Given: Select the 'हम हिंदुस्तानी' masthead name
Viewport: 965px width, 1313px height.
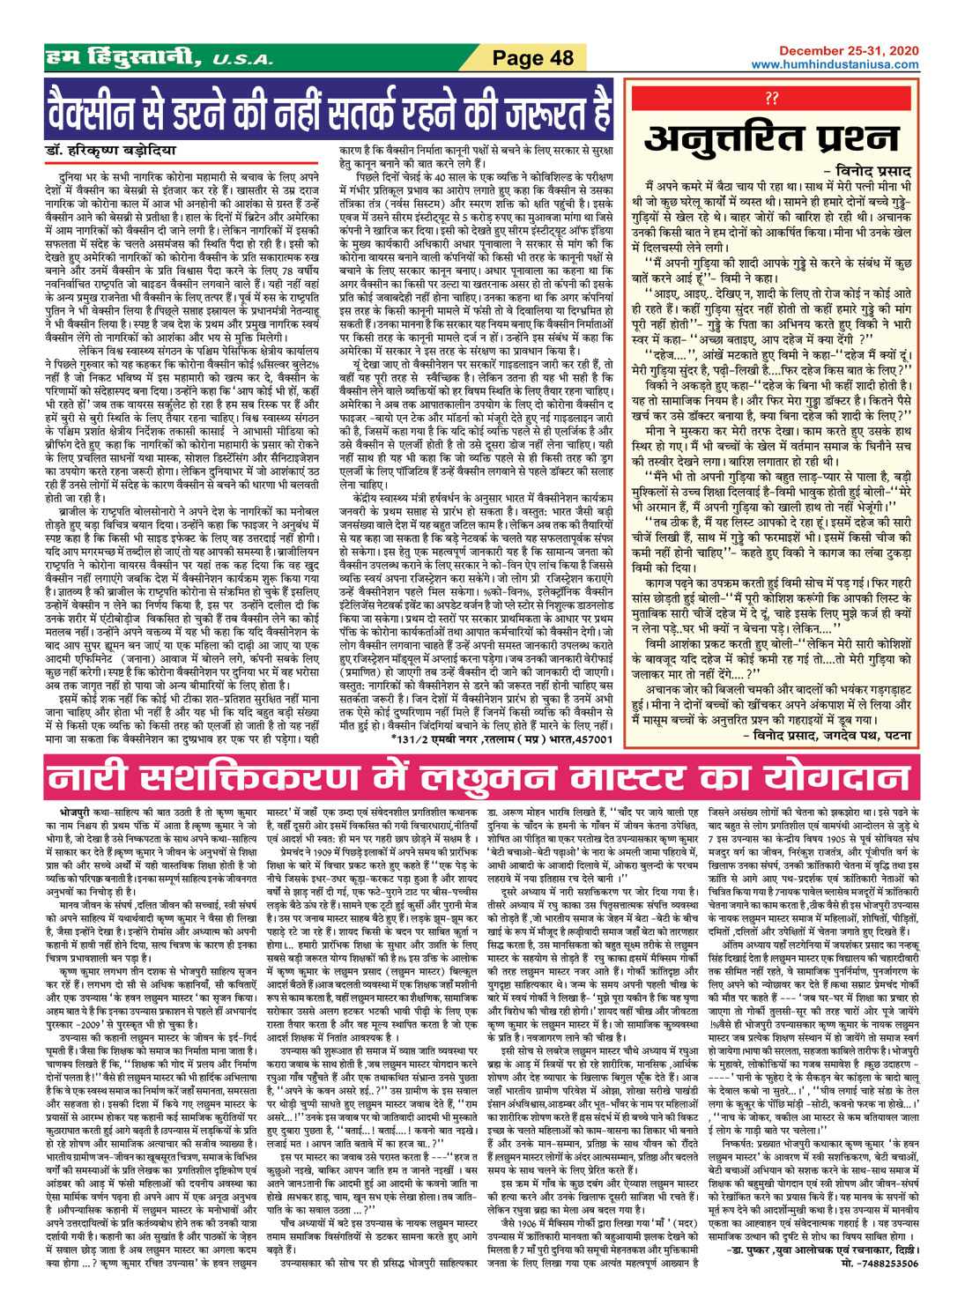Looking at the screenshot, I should [x=124, y=59].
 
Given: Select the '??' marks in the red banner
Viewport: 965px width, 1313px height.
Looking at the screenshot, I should [x=772, y=97].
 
